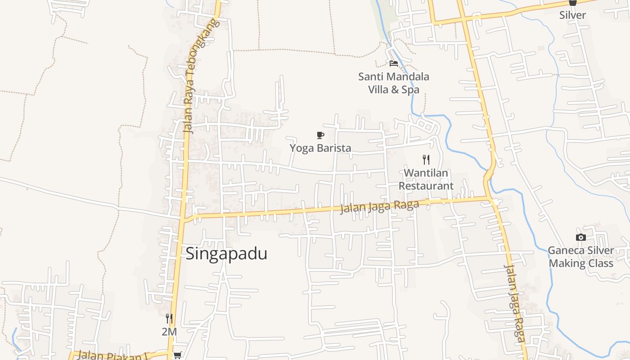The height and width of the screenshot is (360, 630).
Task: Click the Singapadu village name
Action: click(226, 253)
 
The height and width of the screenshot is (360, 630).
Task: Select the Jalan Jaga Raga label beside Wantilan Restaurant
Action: click(379, 207)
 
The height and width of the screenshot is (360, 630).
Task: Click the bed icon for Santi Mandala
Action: click(394, 63)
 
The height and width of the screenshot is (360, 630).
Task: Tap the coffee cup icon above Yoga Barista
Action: click(320, 135)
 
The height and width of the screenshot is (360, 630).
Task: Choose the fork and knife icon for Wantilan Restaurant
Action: click(426, 159)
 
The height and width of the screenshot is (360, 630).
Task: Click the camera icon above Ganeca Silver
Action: click(580, 237)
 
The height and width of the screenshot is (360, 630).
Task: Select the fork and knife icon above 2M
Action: click(169, 319)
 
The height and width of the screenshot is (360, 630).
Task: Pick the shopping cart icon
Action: click(178, 355)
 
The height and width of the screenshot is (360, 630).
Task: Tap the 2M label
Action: click(169, 332)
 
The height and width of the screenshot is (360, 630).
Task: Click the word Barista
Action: click(334, 148)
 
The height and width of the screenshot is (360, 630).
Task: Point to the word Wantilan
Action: click(426, 173)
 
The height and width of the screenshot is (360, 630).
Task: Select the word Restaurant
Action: click(426, 185)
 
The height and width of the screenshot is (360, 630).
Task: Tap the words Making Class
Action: click(581, 263)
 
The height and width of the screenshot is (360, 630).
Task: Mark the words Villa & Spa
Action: click(394, 90)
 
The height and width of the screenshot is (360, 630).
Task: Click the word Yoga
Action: click(302, 148)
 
